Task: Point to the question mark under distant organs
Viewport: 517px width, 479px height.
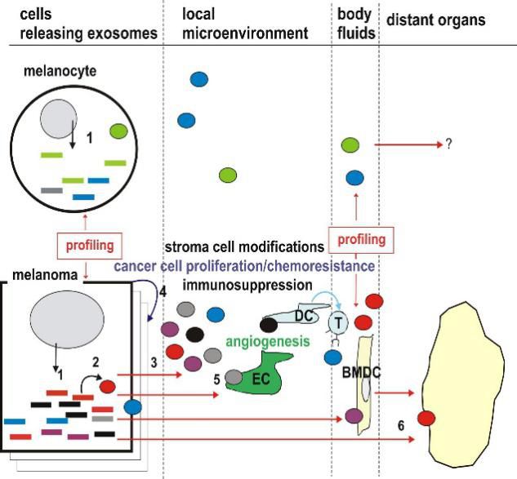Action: tap(448, 145)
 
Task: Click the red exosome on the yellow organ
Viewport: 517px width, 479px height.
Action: tap(426, 419)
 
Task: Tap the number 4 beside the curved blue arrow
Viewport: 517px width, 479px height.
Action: tap(163, 291)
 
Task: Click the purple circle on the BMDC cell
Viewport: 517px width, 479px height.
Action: tap(354, 415)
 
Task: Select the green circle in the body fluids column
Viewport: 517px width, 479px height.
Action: tap(350, 145)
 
